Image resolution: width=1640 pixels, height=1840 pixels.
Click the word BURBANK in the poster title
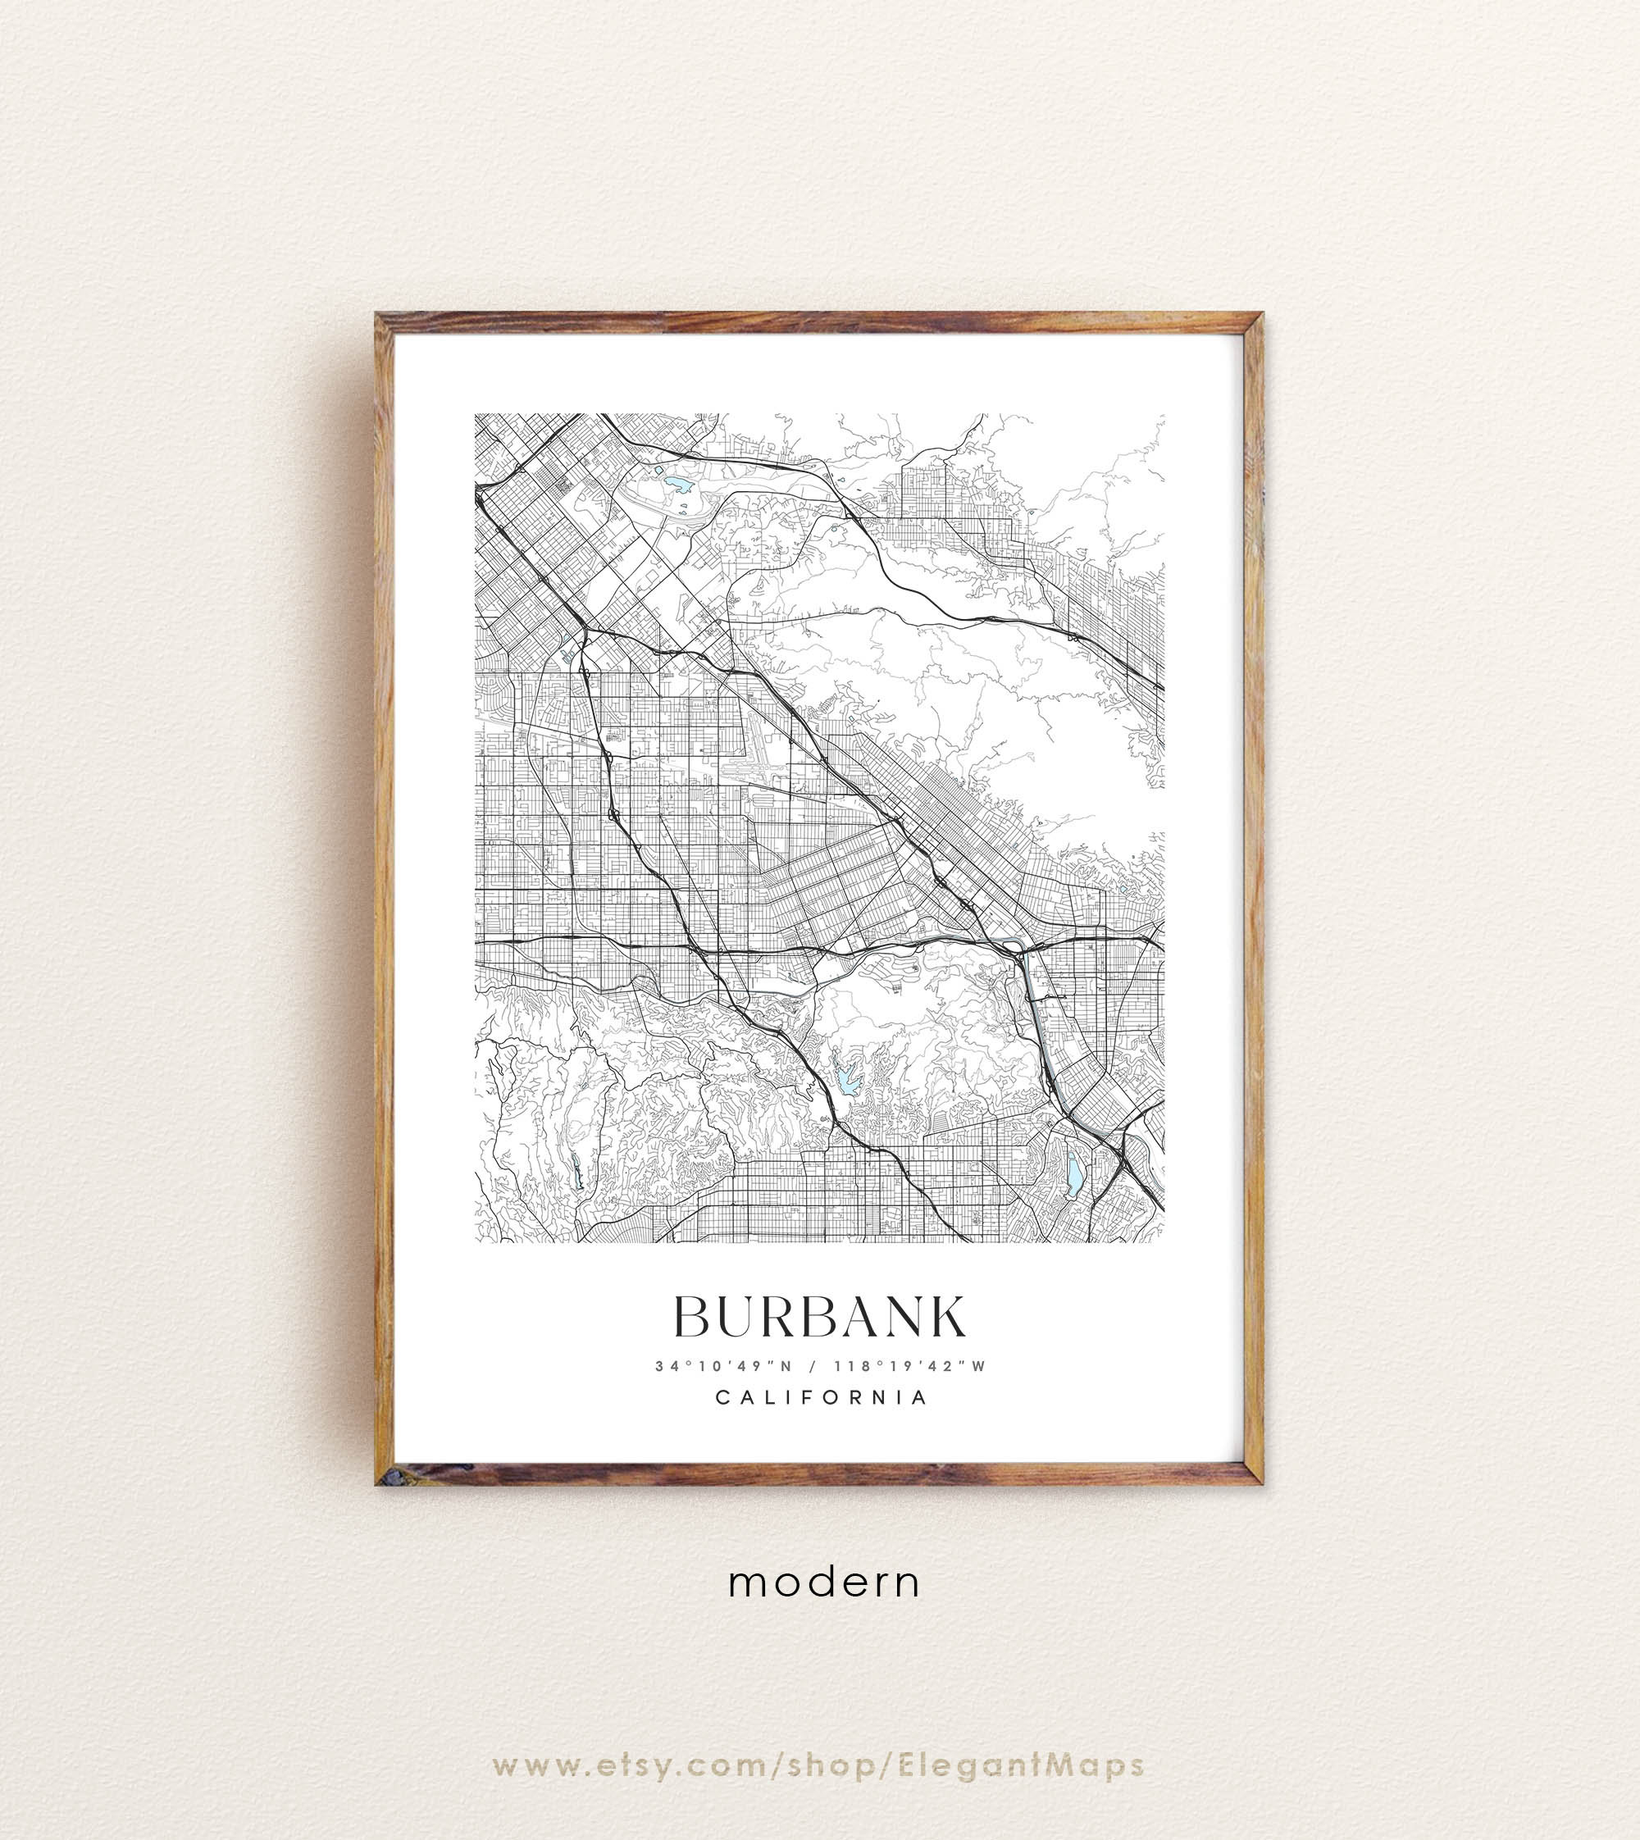pos(820,1318)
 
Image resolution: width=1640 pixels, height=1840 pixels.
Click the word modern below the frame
pos(824,1583)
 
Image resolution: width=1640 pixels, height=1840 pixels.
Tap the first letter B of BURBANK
pos(693,1318)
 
